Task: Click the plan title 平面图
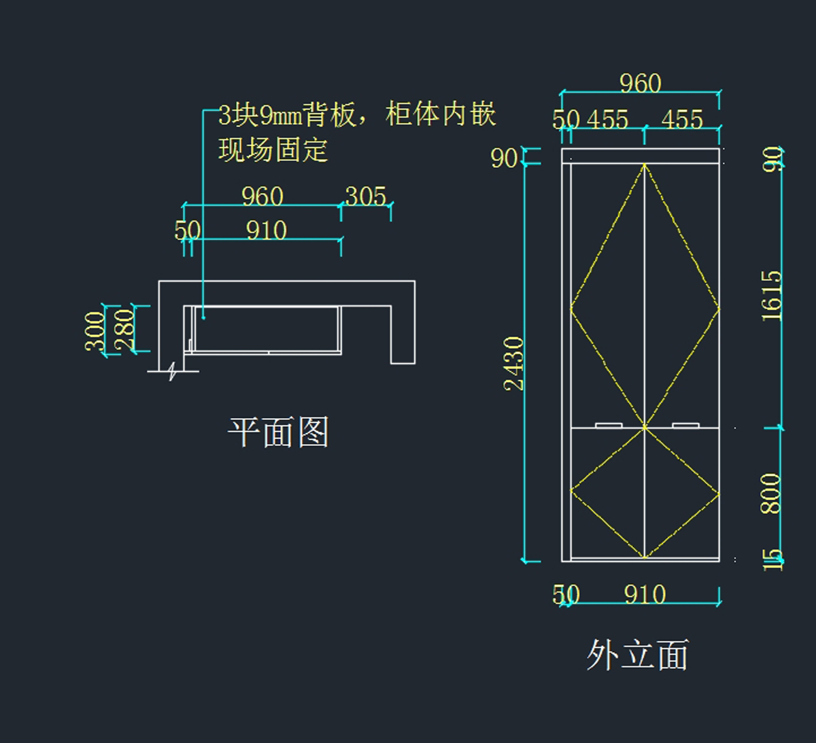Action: (x=278, y=432)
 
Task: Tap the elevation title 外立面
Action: (x=637, y=655)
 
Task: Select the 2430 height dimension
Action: (x=514, y=364)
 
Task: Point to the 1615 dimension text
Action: (x=772, y=296)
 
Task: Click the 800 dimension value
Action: (x=770, y=494)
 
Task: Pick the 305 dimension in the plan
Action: (x=366, y=196)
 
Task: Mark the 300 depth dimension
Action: (x=95, y=330)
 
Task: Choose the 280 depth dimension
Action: (x=124, y=330)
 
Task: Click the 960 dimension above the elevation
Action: (x=640, y=83)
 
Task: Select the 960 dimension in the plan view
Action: (x=262, y=196)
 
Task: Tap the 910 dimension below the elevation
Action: (x=645, y=595)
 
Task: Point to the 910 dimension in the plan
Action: (x=266, y=231)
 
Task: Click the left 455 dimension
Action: (x=607, y=120)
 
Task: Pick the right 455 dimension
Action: (x=681, y=120)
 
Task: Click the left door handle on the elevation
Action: (x=609, y=426)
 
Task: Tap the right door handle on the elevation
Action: (x=685, y=426)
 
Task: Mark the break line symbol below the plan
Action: (x=173, y=371)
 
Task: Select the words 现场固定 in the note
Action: (x=273, y=150)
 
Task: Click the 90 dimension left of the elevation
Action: (x=504, y=158)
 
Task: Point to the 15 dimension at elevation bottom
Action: (x=771, y=559)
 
